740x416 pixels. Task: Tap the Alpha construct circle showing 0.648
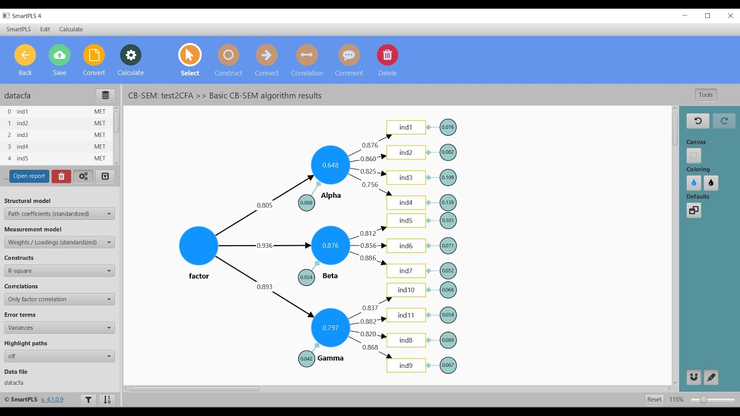[331, 165]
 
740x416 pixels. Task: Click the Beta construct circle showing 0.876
[331, 246]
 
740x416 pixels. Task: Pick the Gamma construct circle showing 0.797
[331, 328]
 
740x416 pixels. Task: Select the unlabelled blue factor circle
[198, 246]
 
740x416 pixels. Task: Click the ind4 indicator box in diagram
[406, 203]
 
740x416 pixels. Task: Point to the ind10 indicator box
[406, 290]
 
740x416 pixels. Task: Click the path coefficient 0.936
[264, 246]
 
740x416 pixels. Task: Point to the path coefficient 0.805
[264, 205]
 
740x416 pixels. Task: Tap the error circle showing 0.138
[448, 203]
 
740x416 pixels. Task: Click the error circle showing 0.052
[448, 271]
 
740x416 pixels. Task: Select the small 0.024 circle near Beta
[306, 277]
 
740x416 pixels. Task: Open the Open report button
[29, 176]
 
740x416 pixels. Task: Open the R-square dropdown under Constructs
[60, 271]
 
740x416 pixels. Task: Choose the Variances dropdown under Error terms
[60, 328]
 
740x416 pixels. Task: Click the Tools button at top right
[705, 95]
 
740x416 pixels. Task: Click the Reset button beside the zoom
[654, 399]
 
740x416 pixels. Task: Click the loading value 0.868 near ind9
[370, 347]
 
